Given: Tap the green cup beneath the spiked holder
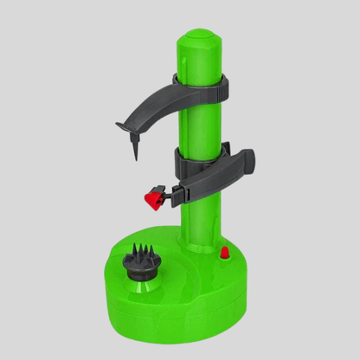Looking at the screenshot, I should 140,282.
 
